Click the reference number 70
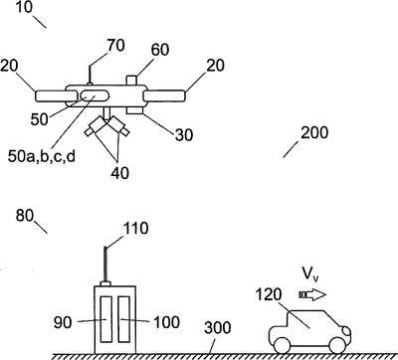click(x=115, y=46)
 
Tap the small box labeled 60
click(x=132, y=81)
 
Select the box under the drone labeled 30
click(x=135, y=111)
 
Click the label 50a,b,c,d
click(x=42, y=156)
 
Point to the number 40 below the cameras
click(x=120, y=173)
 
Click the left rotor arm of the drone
click(x=52, y=95)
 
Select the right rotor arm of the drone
click(x=164, y=95)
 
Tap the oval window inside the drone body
click(x=95, y=95)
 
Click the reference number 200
click(x=314, y=132)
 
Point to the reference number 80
click(x=25, y=216)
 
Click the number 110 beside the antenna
click(x=135, y=229)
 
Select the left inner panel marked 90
click(x=106, y=319)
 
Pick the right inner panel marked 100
click(x=124, y=319)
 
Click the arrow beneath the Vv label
click(x=312, y=294)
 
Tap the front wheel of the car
click(x=336, y=345)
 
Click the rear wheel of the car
click(x=283, y=345)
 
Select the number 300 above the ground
click(x=218, y=328)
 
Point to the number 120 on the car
click(x=269, y=294)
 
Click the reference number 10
click(x=24, y=7)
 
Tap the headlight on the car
click(x=345, y=330)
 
